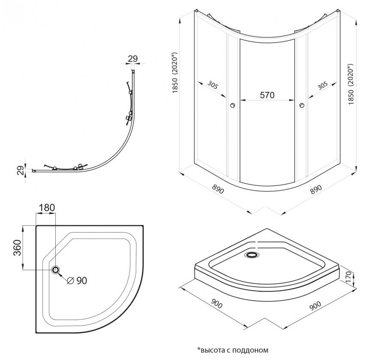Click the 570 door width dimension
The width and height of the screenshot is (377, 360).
(267, 96)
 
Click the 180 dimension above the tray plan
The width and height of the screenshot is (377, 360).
(46, 208)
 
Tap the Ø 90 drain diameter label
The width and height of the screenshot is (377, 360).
(77, 281)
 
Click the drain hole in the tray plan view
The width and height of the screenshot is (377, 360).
(56, 269)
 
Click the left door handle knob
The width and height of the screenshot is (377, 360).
(232, 105)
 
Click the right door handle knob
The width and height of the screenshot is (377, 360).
(302, 105)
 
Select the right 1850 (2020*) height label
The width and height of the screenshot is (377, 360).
(351, 85)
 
